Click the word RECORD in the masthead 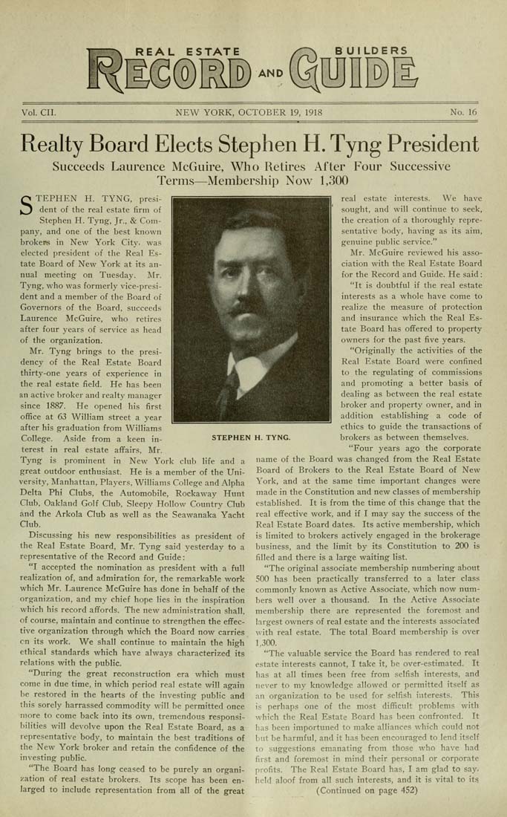click(x=171, y=74)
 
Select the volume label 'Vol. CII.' click(x=39, y=114)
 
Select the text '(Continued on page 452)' click(x=367, y=790)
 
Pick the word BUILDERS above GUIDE click(x=371, y=51)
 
